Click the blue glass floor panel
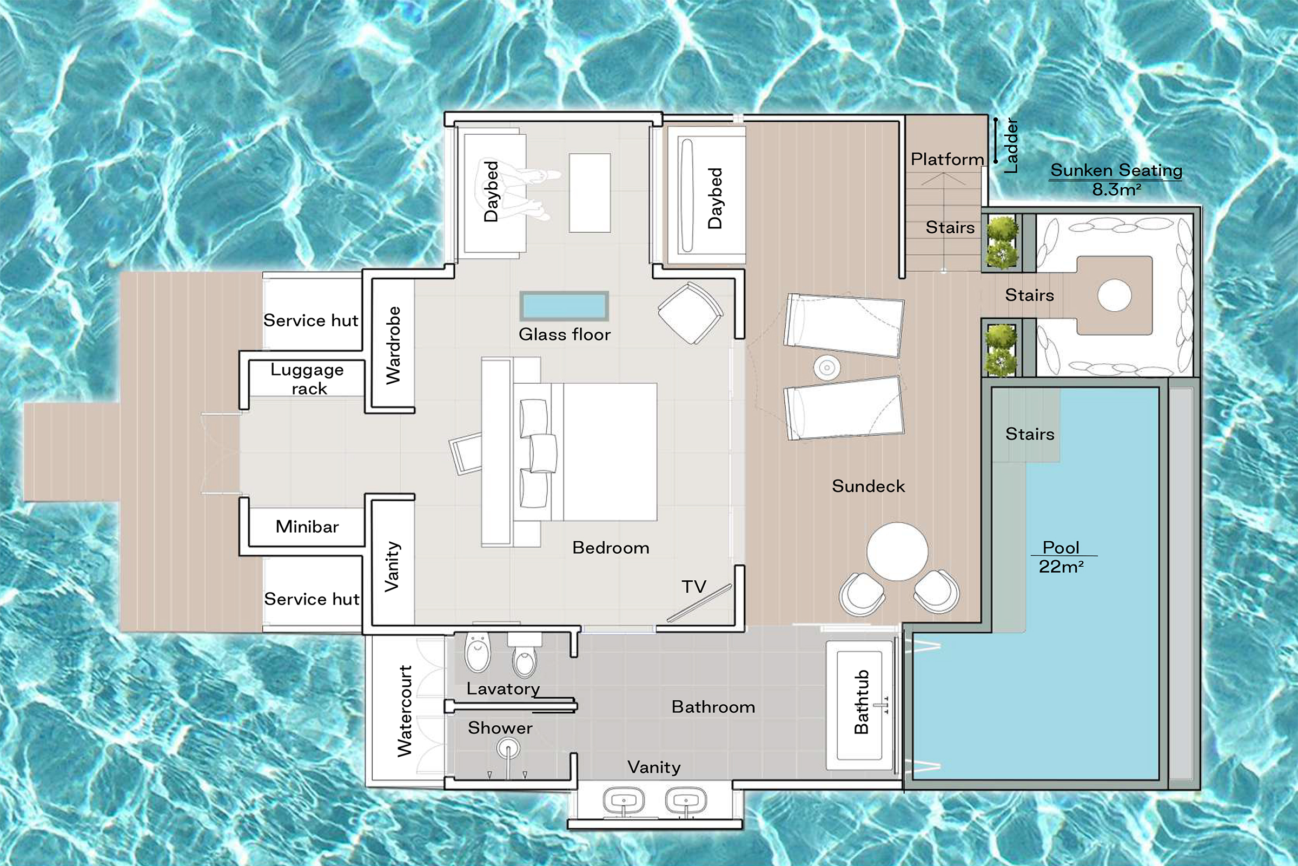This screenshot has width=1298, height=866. coord(564,306)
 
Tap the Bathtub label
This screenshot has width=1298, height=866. coord(862,701)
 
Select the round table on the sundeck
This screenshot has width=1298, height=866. coord(897,551)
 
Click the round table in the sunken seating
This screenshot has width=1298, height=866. coord(1114,296)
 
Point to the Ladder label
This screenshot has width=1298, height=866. coord(1010,146)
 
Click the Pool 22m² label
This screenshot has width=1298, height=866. coord(1061,557)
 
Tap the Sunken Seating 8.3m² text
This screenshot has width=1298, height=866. coord(1116,179)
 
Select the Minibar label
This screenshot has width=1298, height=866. coord(307,526)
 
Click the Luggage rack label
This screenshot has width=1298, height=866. coord(307,379)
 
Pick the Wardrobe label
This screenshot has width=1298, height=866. coord(393,345)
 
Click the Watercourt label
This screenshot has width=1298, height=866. coord(405,711)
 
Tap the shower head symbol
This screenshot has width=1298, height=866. coord(508,750)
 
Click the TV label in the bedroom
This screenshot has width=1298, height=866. coord(694,587)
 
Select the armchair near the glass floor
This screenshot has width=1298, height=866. coord(690,313)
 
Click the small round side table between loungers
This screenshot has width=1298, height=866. coord(827,368)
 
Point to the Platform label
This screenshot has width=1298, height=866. coord(947,160)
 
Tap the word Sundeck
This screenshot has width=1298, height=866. coord(868,486)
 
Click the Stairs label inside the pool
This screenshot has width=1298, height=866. coord(1029,434)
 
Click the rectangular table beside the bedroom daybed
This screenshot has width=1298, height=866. coord(590,193)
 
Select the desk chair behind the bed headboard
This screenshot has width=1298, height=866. coord(466,454)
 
